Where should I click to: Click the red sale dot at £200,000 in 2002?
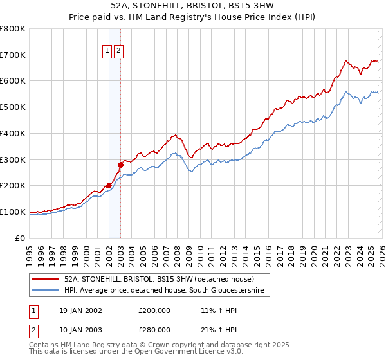pyautogui.click(x=109, y=185)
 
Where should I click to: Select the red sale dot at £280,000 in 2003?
pyautogui.click(x=120, y=165)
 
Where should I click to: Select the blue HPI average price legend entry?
pyautogui.click(x=165, y=291)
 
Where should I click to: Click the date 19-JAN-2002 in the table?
pyautogui.click(x=79, y=310)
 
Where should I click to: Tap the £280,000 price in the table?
pyautogui.click(x=154, y=330)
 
